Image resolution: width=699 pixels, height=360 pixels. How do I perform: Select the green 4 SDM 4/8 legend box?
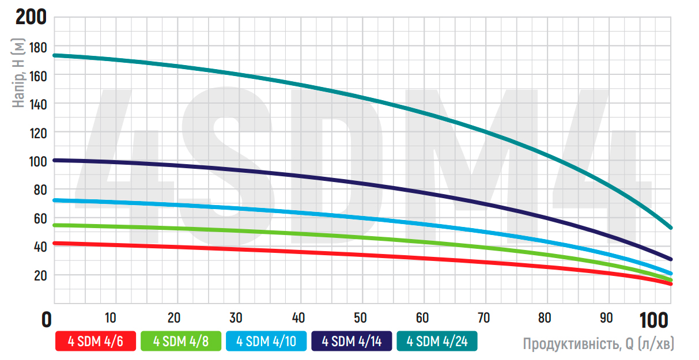tap(180, 341)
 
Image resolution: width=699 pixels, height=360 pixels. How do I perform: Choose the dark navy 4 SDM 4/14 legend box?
tap(351, 341)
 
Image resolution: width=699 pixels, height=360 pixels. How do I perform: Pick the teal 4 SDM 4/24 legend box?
tap(436, 341)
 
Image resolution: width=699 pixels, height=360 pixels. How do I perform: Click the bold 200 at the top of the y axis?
tap(31, 17)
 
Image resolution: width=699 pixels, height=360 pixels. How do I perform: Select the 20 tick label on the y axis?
tap(39, 275)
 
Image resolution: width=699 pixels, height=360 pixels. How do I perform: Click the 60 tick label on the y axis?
tap(39, 218)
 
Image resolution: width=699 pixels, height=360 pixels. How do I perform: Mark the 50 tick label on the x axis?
tap(360, 317)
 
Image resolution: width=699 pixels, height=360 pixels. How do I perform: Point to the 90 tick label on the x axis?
tap(607, 317)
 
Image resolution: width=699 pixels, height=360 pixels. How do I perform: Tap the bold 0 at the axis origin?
tap(47, 319)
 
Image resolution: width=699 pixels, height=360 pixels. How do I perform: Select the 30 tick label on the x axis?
tap(236, 317)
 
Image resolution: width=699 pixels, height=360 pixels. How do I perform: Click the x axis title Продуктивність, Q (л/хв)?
tap(598, 344)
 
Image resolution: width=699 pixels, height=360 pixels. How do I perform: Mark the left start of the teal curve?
tap(55, 55)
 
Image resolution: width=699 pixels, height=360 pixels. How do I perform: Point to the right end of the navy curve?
tap(670, 259)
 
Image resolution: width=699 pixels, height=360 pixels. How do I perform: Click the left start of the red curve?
tap(55, 243)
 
